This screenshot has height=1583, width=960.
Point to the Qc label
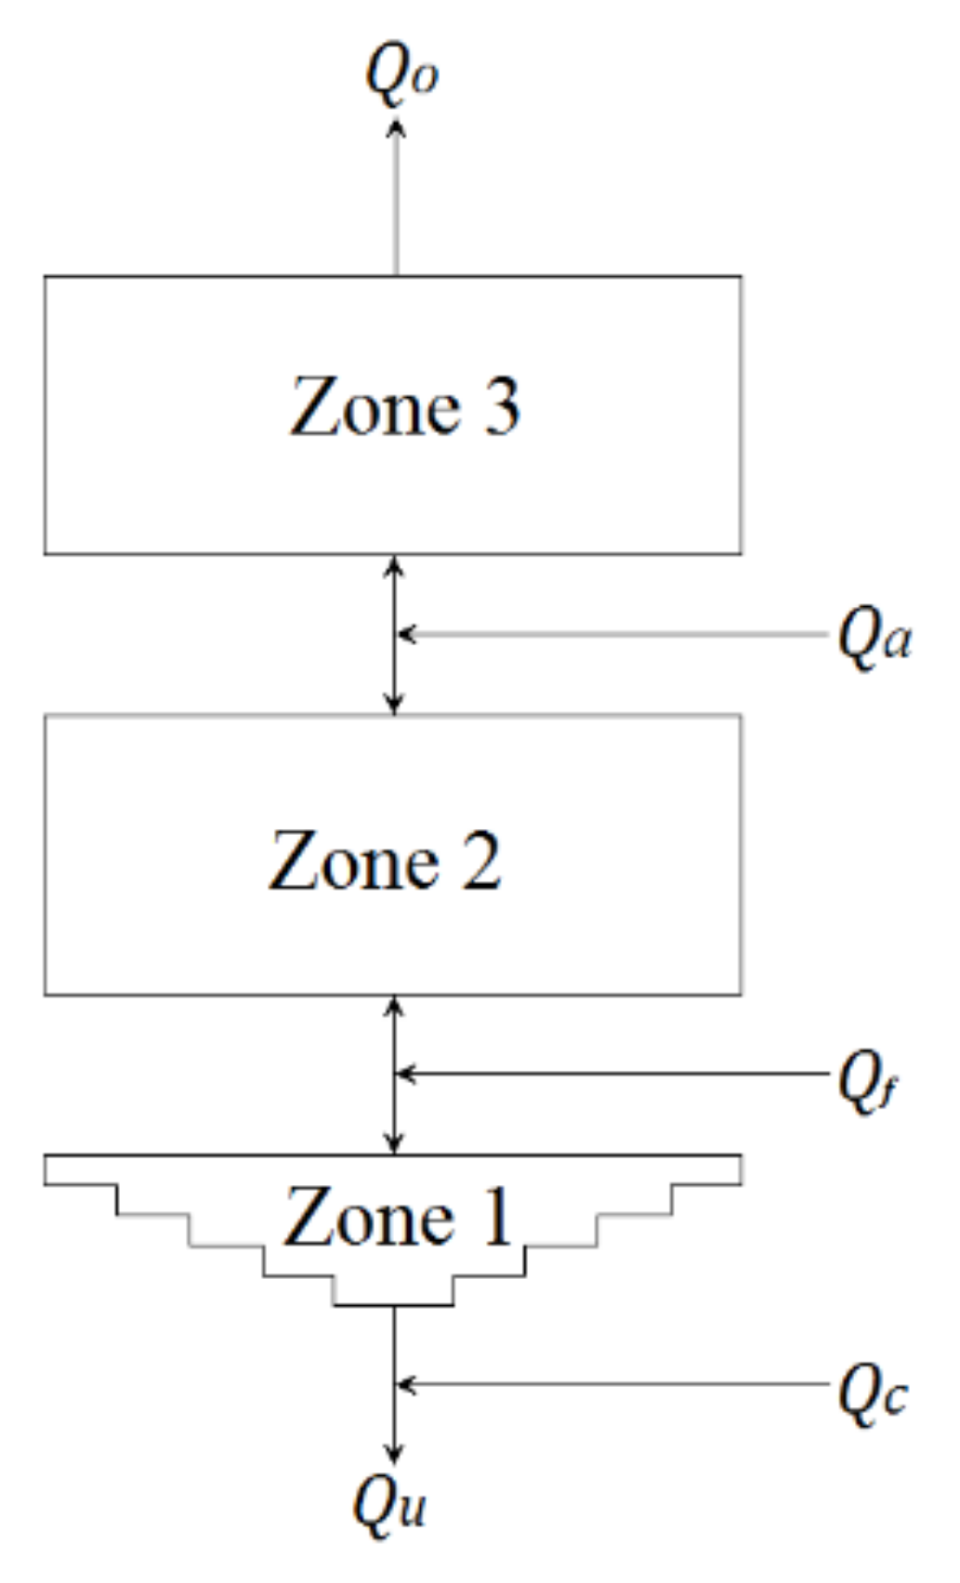click(x=872, y=1392)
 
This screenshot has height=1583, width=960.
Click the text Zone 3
click(x=405, y=407)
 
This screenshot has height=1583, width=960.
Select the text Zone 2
click(x=385, y=861)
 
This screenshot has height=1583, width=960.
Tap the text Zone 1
click(x=398, y=1217)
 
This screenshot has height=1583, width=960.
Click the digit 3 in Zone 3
click(x=502, y=407)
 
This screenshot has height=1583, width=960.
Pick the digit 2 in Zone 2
click(x=481, y=861)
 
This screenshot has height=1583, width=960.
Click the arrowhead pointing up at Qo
click(x=396, y=127)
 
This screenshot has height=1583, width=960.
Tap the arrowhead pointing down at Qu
click(x=395, y=1452)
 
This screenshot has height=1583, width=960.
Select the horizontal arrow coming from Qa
click(x=613, y=635)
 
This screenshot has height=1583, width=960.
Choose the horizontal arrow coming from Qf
click(x=613, y=1074)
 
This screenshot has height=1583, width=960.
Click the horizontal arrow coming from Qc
click(x=613, y=1384)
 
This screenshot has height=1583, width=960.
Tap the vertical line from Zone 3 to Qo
click(x=396, y=204)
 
